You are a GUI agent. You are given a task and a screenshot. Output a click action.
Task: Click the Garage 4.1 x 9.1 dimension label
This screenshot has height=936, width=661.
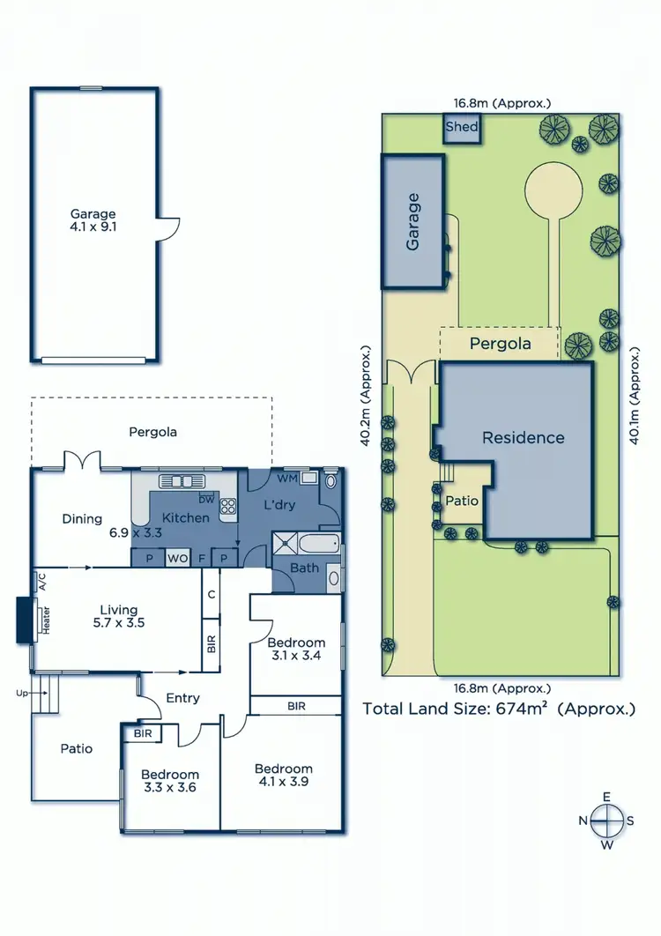click(x=93, y=220)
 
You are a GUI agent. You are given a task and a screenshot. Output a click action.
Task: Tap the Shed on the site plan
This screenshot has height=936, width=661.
click(x=462, y=127)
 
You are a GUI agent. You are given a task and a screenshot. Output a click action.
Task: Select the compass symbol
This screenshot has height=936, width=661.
click(x=606, y=821)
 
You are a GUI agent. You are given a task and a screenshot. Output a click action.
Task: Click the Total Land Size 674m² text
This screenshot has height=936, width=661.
click(x=499, y=708)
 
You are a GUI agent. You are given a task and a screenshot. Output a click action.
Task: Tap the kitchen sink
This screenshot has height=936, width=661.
click(x=180, y=481)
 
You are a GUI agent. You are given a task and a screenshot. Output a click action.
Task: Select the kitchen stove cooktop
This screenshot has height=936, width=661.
click(x=227, y=505)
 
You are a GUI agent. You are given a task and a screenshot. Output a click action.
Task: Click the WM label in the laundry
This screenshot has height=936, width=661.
click(x=286, y=479)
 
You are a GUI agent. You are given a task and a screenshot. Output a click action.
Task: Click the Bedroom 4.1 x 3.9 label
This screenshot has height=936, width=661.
click(x=284, y=775)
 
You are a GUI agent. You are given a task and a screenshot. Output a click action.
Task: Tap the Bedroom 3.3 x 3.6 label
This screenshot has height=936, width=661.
click(x=170, y=782)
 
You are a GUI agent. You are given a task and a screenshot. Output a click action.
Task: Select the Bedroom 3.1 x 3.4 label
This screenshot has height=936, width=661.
click(x=296, y=650)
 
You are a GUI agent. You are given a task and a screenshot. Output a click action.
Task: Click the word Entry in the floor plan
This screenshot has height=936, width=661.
click(x=182, y=698)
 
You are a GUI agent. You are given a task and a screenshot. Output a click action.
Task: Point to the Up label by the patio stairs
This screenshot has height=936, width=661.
click(x=20, y=693)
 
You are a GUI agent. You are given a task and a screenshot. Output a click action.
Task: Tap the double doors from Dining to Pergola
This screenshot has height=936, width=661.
click(x=80, y=460)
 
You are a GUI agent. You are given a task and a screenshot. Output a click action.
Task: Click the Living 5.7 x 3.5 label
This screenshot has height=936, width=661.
click(x=118, y=616)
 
